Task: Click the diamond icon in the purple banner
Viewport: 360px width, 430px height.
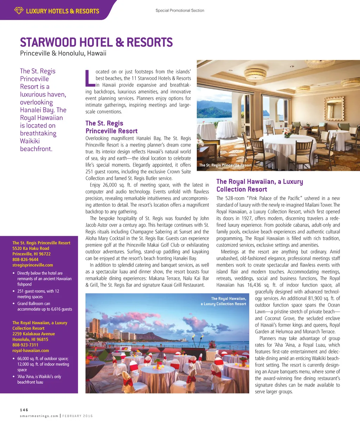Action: click(x=19, y=11)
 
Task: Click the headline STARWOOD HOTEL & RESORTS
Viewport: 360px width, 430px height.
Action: click(x=96, y=43)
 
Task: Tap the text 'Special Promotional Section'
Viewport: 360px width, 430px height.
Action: click(x=180, y=11)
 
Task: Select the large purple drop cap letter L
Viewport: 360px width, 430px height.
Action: click(x=90, y=78)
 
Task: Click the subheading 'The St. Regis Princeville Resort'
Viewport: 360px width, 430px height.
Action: click(x=111, y=127)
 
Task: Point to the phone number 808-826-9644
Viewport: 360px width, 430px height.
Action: click(x=25, y=259)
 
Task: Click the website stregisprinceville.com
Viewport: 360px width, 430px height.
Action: click(x=33, y=265)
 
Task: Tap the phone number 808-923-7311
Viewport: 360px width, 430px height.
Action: click(x=25, y=345)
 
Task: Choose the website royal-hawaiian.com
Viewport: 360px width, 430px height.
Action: click(x=31, y=351)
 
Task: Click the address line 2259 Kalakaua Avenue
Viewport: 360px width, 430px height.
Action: click(x=33, y=334)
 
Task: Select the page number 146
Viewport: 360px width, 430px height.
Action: click(x=24, y=410)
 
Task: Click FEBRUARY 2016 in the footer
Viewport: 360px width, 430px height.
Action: click(x=78, y=416)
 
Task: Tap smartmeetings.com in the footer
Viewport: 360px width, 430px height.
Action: click(x=39, y=416)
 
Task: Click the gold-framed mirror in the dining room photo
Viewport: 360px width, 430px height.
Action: click(x=334, y=110)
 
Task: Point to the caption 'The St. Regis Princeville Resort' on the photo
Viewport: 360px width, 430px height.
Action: click(x=225, y=165)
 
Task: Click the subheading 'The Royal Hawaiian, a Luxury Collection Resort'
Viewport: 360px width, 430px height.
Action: click(x=259, y=185)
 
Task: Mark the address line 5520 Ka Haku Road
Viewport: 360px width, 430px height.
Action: click(x=31, y=248)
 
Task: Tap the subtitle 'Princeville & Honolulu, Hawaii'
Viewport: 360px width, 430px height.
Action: click(x=63, y=54)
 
